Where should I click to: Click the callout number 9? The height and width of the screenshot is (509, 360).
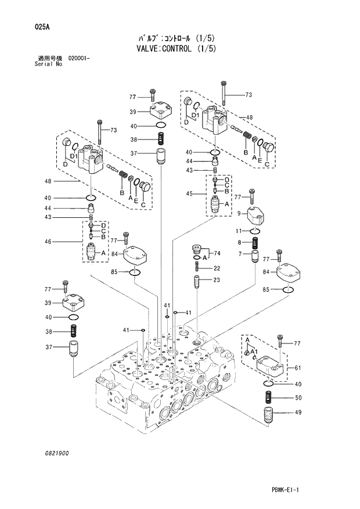(222, 213)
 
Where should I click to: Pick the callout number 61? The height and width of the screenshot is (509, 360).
(298, 368)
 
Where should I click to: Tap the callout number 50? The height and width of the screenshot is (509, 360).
(298, 398)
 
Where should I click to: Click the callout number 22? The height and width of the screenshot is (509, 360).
(216, 268)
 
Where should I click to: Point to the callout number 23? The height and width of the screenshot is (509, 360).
(216, 280)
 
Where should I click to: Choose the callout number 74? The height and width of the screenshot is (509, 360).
(218, 253)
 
